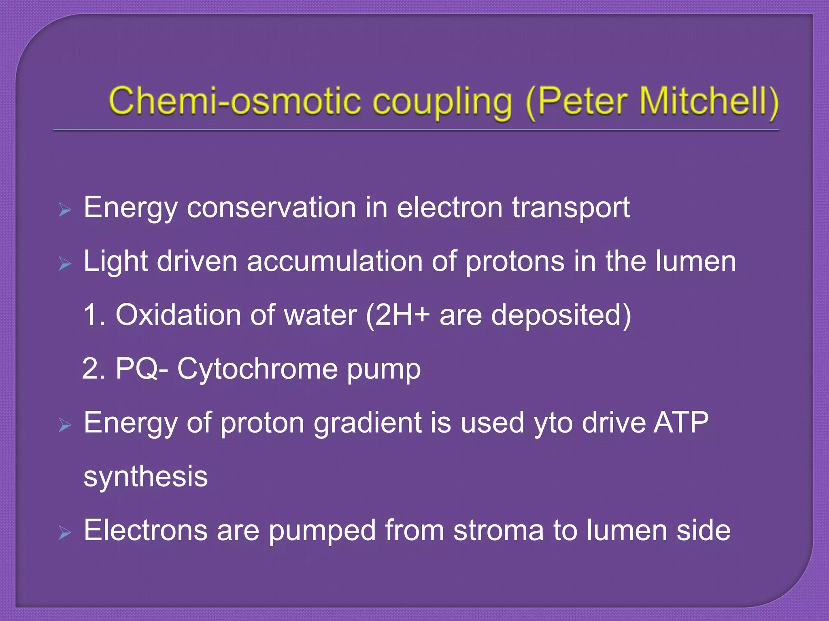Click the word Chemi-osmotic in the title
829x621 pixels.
[x=234, y=101]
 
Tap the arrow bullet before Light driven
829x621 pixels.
[x=65, y=264]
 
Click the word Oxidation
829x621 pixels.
[x=179, y=315]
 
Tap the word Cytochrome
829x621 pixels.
[x=257, y=370]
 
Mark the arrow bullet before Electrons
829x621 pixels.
[x=65, y=533]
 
